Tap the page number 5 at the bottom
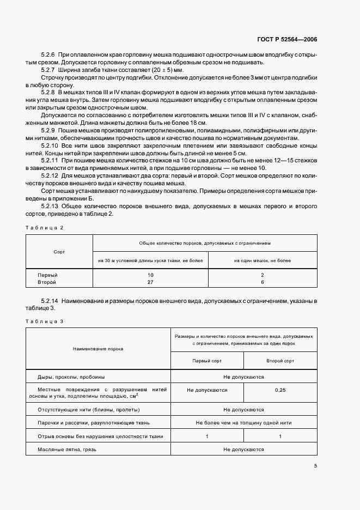(x=315, y=465)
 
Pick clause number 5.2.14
(x=50, y=301)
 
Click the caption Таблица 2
(x=45, y=227)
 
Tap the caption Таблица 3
(x=45, y=321)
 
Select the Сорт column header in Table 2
(x=59, y=252)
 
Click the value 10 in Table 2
(x=150, y=275)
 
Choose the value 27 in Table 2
(x=150, y=282)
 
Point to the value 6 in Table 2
(x=263, y=282)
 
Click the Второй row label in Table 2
(x=47, y=282)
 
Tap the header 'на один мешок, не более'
(x=263, y=260)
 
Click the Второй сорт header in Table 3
(x=280, y=361)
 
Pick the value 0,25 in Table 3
(x=280, y=390)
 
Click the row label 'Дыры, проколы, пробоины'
(x=71, y=377)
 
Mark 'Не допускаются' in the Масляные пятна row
(x=243, y=450)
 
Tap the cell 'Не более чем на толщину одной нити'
(x=243, y=422)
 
